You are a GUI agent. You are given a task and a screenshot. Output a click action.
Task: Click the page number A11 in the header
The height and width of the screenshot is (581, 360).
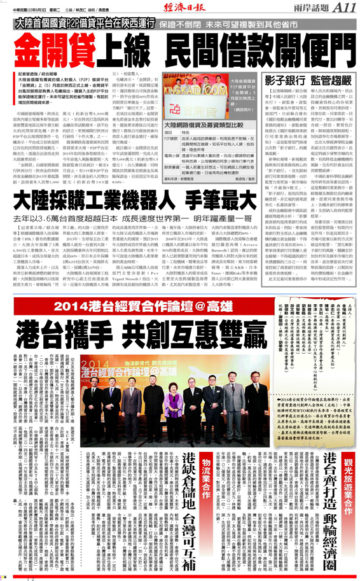tap(343, 8)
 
